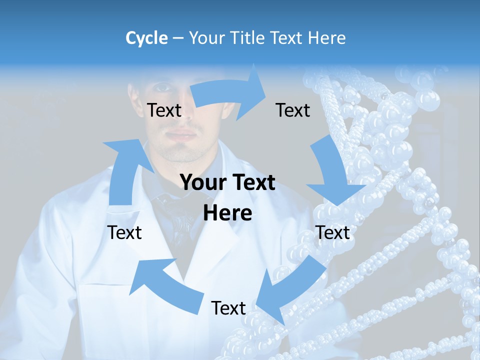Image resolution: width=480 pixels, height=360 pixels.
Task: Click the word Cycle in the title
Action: (x=146, y=38)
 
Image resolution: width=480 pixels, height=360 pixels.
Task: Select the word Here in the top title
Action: (x=326, y=38)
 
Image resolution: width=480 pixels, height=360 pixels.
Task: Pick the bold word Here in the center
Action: (x=227, y=213)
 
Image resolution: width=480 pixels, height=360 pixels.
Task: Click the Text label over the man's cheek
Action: (x=164, y=110)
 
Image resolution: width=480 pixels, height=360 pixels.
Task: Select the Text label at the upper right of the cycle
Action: (x=293, y=110)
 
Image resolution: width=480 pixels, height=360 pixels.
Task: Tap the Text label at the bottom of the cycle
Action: (x=228, y=308)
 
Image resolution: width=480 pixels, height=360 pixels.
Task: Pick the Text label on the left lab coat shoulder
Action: (x=125, y=232)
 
